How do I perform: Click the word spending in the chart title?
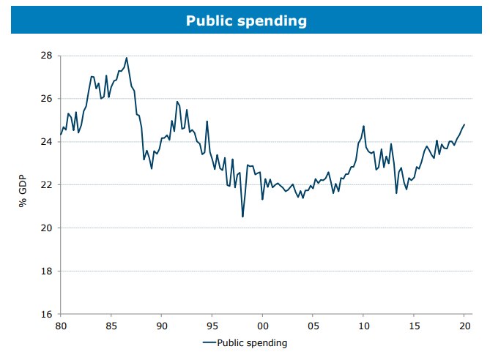[273, 22]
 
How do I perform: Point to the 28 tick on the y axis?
[45, 56]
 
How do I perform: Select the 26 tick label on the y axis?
[45, 99]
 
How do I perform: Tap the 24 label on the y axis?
[45, 142]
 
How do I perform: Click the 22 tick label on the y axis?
[45, 185]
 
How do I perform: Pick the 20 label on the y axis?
[45, 228]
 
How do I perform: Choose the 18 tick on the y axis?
[45, 271]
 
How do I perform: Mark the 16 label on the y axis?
[45, 315]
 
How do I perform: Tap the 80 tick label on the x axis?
[60, 326]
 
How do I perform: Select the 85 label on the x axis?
[111, 326]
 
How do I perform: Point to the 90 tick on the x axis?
[161, 326]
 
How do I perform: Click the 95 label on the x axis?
[212, 326]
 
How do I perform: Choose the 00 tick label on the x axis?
[262, 326]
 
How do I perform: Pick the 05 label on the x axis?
[313, 326]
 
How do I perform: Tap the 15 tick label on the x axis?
[414, 326]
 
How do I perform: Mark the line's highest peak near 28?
[127, 58]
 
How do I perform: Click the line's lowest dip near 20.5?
[242, 216]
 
